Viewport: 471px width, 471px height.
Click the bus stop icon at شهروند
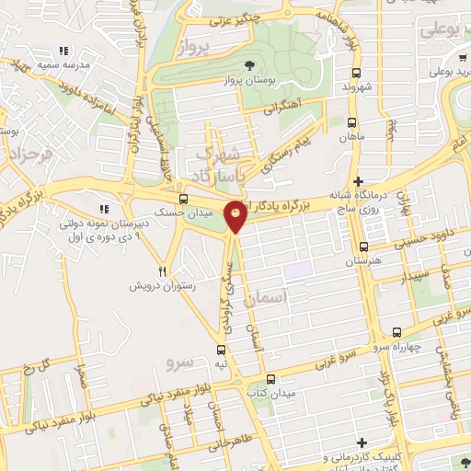click(353, 72)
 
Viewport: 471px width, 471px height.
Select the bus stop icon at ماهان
click(353, 121)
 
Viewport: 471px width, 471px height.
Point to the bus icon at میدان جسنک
click(184, 198)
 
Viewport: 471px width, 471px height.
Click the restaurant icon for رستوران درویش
click(162, 270)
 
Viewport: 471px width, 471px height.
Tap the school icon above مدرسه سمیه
click(63, 52)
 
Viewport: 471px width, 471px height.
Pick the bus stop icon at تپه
click(221, 350)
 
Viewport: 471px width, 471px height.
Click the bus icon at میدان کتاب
click(270, 378)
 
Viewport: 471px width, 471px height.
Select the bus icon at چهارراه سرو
click(396, 332)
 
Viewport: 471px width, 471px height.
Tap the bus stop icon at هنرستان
click(364, 246)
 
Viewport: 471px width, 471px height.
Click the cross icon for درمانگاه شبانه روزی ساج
click(359, 180)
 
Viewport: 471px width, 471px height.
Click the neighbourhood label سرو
click(179, 363)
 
